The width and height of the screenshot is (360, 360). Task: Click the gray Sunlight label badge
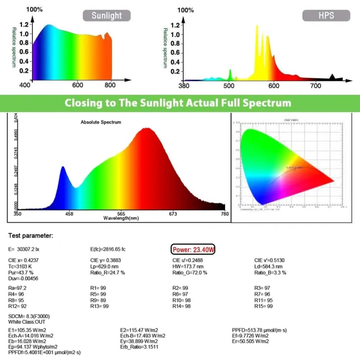point(107,16)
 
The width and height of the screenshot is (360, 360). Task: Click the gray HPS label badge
point(326,16)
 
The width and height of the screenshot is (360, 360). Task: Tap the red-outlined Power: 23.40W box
point(194,249)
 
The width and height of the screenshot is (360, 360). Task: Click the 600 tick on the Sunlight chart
point(78,85)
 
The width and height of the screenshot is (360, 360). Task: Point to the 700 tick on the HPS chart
point(316,85)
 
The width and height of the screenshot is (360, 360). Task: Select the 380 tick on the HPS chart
point(184,85)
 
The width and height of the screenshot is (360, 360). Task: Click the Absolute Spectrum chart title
point(101,122)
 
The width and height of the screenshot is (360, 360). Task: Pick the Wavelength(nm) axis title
point(121,218)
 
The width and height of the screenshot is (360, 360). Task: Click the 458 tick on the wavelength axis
point(69,214)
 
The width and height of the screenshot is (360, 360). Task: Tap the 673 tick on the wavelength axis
point(173,214)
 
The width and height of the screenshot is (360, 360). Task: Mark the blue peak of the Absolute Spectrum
point(63,167)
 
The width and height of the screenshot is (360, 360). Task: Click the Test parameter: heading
point(31,235)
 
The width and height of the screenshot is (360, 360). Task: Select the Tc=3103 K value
point(22,266)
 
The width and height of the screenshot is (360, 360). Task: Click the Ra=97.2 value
point(18,288)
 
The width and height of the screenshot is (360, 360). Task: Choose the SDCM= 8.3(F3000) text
point(29,316)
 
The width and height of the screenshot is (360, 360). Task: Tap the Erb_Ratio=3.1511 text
point(141,347)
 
